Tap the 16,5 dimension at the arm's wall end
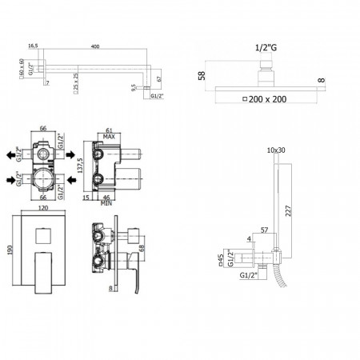point(33,47)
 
